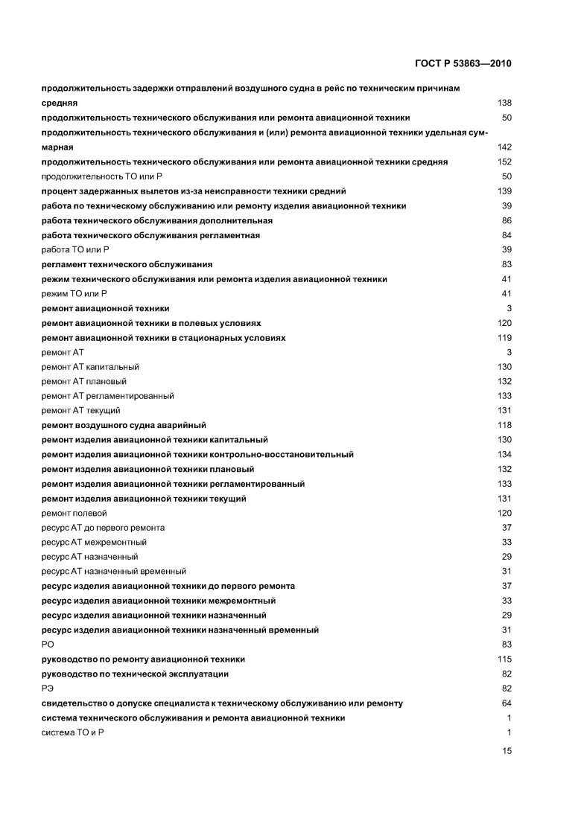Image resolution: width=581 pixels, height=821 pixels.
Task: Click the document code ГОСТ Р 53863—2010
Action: point(467,63)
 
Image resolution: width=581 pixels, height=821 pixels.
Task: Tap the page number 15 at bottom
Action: point(507,752)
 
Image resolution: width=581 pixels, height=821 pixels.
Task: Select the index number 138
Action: point(504,103)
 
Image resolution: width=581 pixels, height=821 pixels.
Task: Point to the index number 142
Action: point(504,147)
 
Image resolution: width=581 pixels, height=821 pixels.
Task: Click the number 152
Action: point(504,162)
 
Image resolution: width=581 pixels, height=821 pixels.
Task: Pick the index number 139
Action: point(504,191)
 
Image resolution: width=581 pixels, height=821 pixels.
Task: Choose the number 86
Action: point(507,221)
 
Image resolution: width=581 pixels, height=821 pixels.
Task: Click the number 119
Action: point(504,338)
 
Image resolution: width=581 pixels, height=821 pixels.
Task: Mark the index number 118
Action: point(504,425)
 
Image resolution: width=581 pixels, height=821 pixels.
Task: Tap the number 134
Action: point(504,455)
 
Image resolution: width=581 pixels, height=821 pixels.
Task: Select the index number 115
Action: point(504,659)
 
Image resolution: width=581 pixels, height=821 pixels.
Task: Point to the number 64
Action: point(507,703)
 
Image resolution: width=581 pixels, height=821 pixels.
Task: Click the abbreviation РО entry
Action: point(48,645)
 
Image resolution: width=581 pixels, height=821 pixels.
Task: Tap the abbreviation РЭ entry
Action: point(48,689)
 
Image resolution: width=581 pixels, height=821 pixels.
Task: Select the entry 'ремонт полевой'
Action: point(74,514)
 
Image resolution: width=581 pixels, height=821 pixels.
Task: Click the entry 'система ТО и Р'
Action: point(72,732)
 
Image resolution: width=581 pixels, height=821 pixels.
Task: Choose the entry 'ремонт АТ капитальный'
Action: point(90,367)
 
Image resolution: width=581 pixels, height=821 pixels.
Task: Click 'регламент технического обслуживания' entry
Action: point(127,265)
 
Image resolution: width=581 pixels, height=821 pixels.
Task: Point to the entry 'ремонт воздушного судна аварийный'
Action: point(124,425)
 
